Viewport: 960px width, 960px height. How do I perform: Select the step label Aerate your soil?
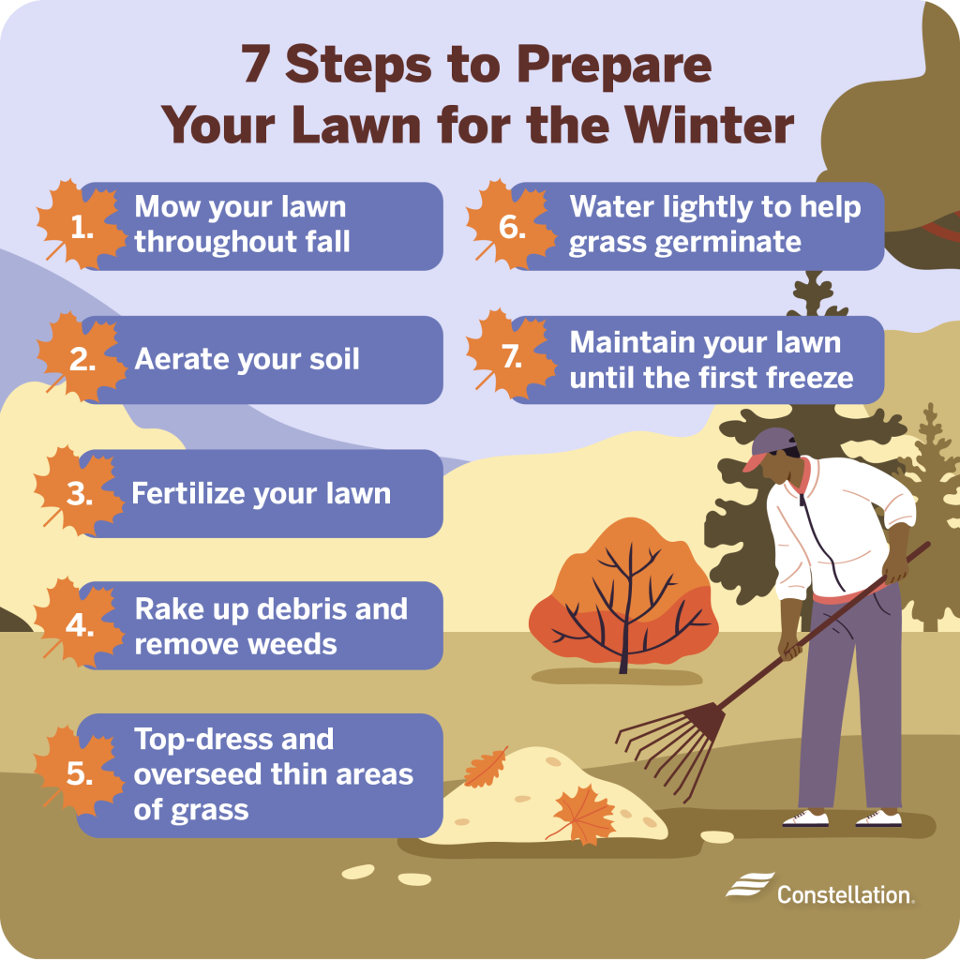[x=247, y=359]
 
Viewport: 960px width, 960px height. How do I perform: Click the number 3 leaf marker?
[x=79, y=494]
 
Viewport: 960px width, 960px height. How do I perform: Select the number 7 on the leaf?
[x=512, y=359]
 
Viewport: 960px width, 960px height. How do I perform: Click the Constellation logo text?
[x=845, y=894]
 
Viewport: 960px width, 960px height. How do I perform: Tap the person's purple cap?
[x=772, y=445]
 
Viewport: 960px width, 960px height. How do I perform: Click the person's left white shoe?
[x=804, y=818]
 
